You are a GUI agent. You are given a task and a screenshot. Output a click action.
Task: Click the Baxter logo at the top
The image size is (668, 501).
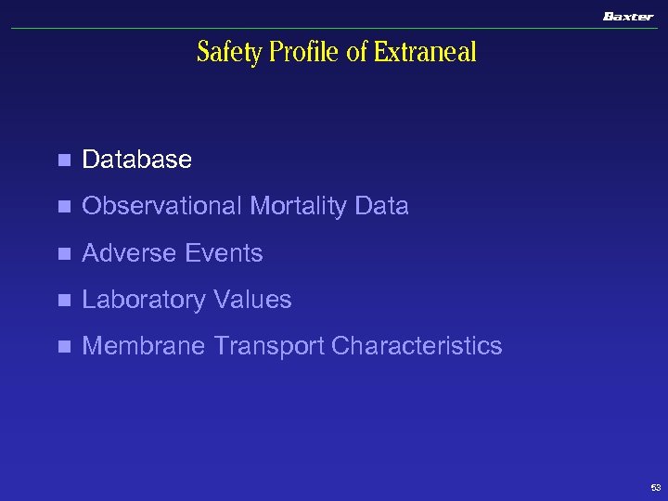tap(628, 17)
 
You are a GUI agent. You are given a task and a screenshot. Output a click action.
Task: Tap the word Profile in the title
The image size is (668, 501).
tap(305, 53)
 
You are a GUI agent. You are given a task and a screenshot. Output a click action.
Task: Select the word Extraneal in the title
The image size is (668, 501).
tap(425, 53)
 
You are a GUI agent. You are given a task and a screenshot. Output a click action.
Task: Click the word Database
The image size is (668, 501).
tap(136, 160)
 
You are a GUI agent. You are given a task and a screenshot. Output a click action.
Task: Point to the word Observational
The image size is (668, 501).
tap(162, 206)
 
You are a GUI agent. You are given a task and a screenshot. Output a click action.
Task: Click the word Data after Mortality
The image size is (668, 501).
tap(381, 206)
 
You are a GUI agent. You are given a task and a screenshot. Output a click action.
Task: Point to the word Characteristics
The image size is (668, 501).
tap(417, 346)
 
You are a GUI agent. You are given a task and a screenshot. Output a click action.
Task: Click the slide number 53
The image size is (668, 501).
tap(656, 487)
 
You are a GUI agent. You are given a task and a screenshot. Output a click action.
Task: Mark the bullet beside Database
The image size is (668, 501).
tap(63, 161)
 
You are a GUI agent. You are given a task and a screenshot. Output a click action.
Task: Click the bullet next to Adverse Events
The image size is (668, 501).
tap(63, 253)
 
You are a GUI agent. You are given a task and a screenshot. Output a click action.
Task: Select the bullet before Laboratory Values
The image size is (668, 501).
tap(63, 301)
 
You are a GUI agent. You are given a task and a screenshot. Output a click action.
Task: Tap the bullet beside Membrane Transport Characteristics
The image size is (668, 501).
tap(63, 347)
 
